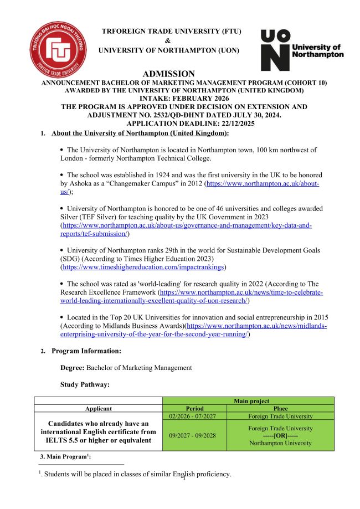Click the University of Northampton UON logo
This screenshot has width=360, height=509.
click(x=302, y=50)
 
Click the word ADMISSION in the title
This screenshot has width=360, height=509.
click(x=169, y=74)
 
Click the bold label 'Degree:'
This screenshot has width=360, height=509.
click(x=73, y=367)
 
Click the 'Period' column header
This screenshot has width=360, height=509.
click(x=194, y=408)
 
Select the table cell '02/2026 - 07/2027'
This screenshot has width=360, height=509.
click(x=194, y=416)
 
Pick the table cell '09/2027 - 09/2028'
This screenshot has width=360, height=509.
click(x=194, y=435)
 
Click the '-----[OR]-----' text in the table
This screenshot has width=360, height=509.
click(x=280, y=435)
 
